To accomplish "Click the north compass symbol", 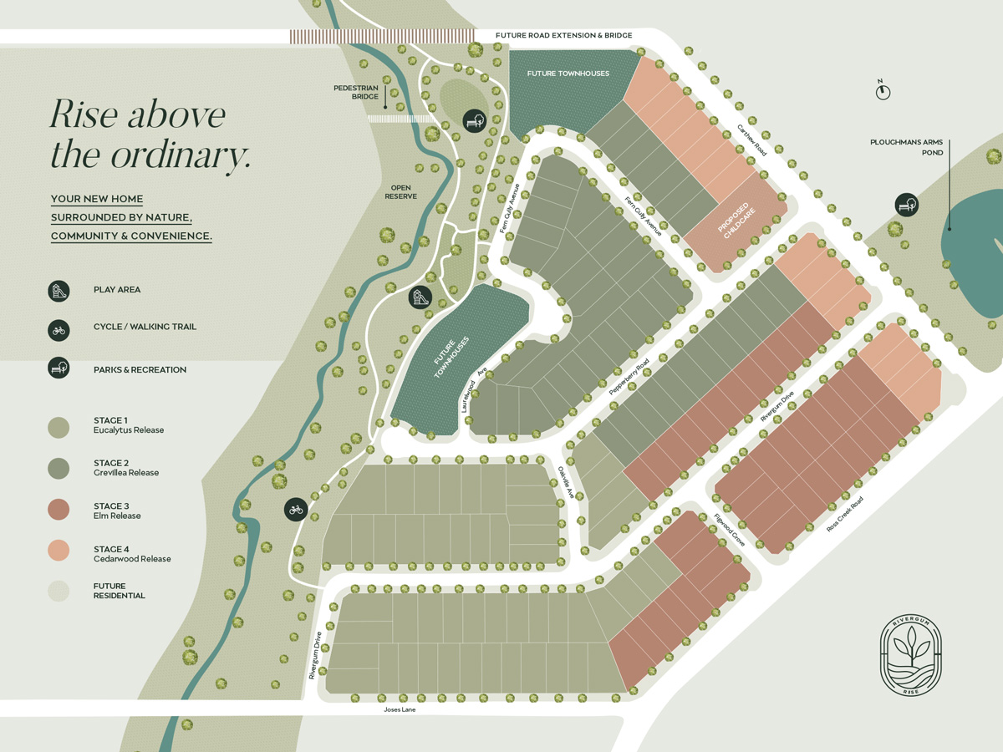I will pos(883,91).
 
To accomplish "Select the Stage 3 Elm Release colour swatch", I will pos(59,510).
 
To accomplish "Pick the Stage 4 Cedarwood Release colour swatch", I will pos(59,551).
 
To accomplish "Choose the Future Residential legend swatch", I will pos(59,591).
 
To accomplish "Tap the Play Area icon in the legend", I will pos(59,290).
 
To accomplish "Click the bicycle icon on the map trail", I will pos(296,509).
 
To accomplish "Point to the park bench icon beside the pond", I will pos(906,204).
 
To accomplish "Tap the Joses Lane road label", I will pos(400,709).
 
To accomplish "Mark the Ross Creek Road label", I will pos(844,514).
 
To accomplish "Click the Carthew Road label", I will pos(751,140).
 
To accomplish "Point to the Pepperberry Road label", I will pos(629,378).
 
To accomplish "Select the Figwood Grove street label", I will pos(729,531).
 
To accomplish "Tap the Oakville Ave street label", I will pos(566,482).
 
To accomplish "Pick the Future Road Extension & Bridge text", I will pos(563,36).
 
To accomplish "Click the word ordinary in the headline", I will pos(178,155).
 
